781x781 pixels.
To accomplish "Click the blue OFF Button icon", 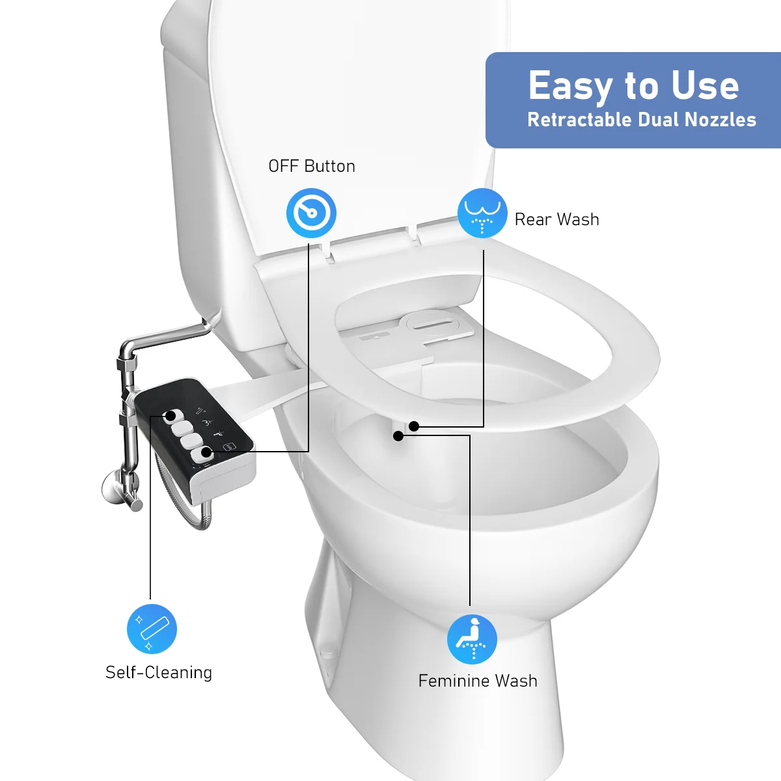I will point(311,213).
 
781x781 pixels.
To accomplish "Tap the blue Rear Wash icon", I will point(482,213).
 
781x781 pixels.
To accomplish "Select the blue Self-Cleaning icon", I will point(152,629).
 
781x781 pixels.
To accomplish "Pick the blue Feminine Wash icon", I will point(472,639).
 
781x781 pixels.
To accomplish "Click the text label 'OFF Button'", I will point(312,167).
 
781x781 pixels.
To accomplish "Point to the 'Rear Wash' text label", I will point(556,220).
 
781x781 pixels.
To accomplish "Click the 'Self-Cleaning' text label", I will point(159,672).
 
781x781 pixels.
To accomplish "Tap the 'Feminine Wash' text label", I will point(478,681).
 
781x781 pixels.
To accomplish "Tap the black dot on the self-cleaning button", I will point(170,415).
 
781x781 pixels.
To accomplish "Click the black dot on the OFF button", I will point(206,452).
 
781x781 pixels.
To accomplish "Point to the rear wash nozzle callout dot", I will point(414,427).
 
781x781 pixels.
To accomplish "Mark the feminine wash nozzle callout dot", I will point(398,436).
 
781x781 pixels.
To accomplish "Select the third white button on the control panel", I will point(191,441).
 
